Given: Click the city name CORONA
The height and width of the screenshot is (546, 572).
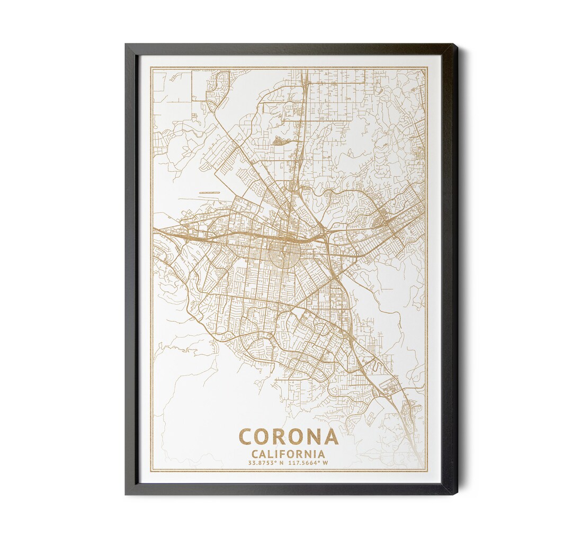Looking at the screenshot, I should [288, 437].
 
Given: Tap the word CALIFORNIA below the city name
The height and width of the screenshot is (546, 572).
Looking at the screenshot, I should [288, 454].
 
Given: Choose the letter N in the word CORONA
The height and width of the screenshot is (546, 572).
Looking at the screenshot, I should [314, 437].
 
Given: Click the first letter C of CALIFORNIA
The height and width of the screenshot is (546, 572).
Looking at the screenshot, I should [255, 454].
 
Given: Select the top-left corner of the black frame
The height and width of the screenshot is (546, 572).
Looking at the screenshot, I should [126, 45].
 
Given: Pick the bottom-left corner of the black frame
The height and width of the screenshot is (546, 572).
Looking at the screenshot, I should [126, 494].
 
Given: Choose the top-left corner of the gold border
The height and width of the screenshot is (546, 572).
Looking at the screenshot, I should [151, 67].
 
